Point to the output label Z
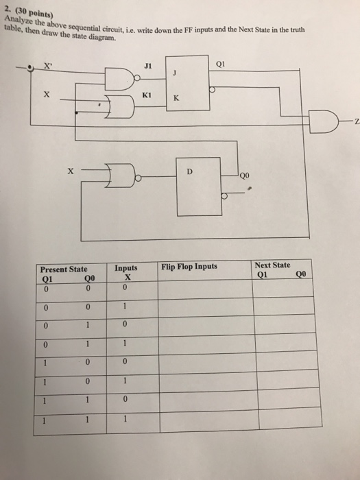tap(356, 122)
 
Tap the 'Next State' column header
tap(272, 264)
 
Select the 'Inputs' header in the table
tap(126, 268)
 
